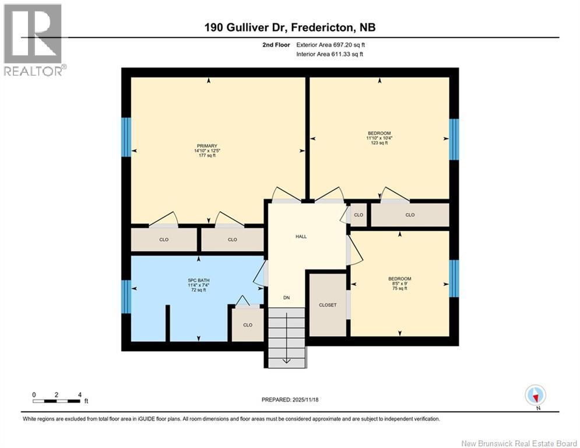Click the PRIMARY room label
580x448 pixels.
(207, 146)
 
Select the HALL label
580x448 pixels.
(301, 236)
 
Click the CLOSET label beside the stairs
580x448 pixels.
(328, 304)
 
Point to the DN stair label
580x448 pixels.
(286, 297)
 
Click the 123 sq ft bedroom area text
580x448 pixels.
(379, 143)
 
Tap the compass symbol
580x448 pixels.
(535, 395)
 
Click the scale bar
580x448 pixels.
(57, 401)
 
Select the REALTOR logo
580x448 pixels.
(33, 40)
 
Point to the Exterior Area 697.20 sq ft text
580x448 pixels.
(331, 44)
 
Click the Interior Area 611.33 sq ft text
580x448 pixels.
(330, 54)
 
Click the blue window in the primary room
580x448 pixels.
(125, 137)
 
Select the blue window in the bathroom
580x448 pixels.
(125, 296)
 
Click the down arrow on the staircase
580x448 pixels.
(286, 360)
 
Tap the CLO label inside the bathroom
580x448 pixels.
(248, 325)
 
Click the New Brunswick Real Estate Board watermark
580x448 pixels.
(519, 443)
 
